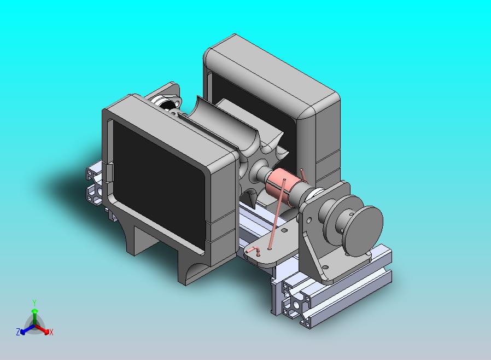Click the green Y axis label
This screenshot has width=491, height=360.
click(x=34, y=303)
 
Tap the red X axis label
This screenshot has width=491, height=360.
click(x=51, y=332)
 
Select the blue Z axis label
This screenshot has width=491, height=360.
click(x=18, y=332)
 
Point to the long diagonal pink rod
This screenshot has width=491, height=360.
click(x=277, y=214)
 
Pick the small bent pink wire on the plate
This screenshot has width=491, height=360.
click(x=253, y=251)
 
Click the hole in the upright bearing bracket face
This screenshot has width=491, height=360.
click(x=309, y=220)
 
